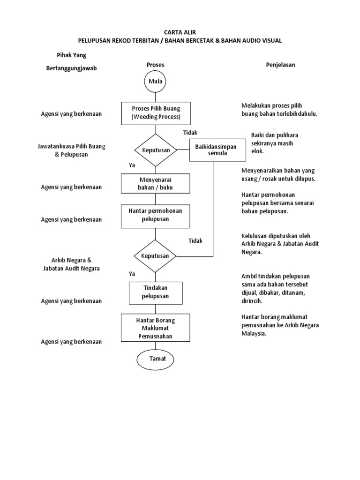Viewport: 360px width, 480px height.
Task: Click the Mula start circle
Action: (x=155, y=82)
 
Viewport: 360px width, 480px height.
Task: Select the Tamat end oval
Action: (x=155, y=359)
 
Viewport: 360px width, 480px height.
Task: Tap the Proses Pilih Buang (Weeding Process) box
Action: (x=155, y=113)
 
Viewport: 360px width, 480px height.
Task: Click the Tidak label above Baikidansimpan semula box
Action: (x=190, y=133)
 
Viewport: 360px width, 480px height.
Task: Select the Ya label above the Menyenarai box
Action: (x=132, y=165)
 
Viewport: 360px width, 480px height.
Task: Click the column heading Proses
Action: (x=156, y=65)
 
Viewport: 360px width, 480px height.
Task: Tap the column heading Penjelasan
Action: (x=280, y=65)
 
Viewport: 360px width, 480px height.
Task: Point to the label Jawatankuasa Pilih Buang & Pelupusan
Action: (x=71, y=150)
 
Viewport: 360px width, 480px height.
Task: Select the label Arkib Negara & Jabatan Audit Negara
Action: (x=71, y=264)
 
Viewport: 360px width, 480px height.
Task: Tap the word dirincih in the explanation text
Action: (x=253, y=301)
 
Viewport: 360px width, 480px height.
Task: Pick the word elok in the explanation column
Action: (x=257, y=151)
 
